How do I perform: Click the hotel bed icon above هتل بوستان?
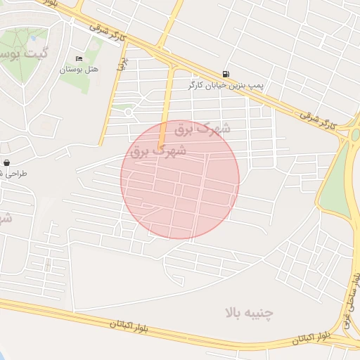(x=79, y=58)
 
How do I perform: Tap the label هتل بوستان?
(x=79, y=69)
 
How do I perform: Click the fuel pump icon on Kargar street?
(x=225, y=74)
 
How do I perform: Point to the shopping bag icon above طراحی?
(x=6, y=162)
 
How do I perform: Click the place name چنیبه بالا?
(x=249, y=311)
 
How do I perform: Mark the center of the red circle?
(x=180, y=180)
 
